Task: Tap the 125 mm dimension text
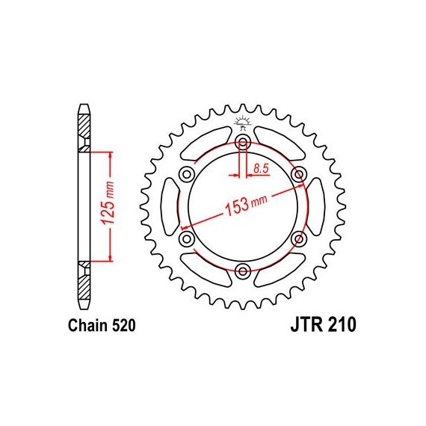pos(108,202)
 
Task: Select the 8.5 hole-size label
pos(261,168)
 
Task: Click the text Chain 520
pos(102,325)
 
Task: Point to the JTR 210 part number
pos(323,324)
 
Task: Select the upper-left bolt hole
pos(187,174)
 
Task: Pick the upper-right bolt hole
pos(299,174)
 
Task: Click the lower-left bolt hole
pos(187,239)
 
